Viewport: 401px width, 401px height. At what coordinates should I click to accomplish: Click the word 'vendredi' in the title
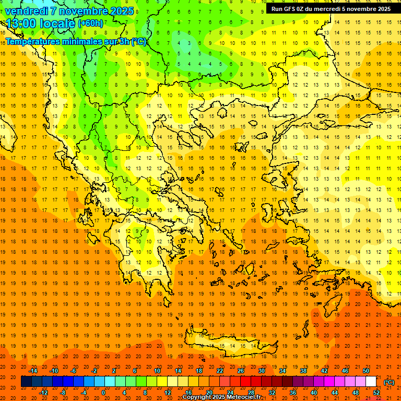(x=27, y=11)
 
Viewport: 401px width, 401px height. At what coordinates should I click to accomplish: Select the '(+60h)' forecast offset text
(x=90, y=23)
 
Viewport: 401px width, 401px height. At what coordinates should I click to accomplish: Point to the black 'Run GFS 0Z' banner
(x=331, y=9)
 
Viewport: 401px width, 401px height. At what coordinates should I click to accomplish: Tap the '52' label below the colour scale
(x=377, y=393)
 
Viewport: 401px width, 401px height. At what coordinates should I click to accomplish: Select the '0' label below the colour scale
(x=103, y=393)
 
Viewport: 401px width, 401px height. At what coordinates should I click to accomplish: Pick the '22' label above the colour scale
(x=220, y=371)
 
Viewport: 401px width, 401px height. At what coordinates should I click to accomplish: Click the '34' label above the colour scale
(x=282, y=371)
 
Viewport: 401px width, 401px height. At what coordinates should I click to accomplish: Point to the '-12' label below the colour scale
(x=43, y=393)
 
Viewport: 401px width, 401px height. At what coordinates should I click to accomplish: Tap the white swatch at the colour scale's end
(x=371, y=382)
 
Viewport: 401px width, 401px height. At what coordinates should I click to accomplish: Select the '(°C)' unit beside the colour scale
(x=389, y=382)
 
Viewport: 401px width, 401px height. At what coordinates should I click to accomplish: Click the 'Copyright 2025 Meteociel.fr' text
(x=221, y=397)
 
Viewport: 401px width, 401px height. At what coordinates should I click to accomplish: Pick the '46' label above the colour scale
(x=345, y=371)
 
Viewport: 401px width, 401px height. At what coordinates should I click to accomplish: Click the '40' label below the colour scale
(x=314, y=393)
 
